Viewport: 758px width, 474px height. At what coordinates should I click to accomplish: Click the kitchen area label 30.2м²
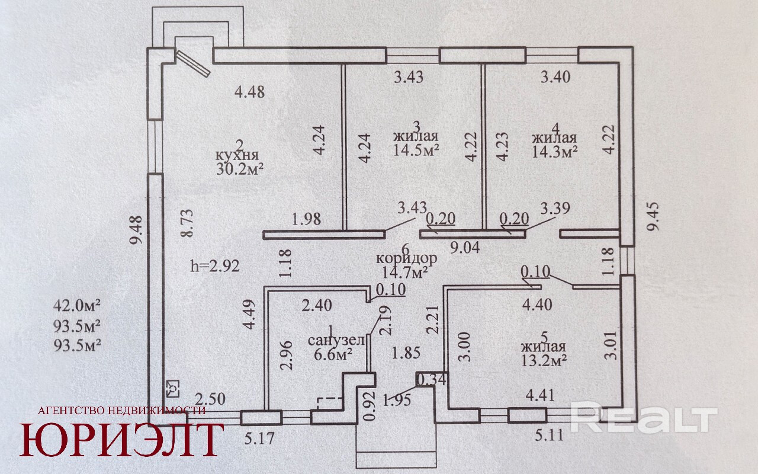coord(240,169)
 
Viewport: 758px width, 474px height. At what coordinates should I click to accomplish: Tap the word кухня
coord(237,155)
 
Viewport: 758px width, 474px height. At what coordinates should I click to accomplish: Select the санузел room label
coord(336,340)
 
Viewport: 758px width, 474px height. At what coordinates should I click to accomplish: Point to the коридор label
coord(406,258)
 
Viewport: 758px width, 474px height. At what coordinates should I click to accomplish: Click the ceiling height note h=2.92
coord(215,266)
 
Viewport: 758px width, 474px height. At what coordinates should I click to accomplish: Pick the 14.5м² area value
coord(416,150)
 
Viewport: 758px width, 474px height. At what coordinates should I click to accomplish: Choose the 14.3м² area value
coord(554,152)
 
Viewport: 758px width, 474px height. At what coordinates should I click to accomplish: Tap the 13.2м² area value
coord(544,361)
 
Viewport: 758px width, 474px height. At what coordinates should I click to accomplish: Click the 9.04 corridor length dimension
coord(465,248)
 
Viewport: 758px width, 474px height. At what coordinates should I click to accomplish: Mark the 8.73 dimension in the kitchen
coord(187,223)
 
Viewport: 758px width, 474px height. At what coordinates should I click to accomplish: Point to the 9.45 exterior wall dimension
coord(653,216)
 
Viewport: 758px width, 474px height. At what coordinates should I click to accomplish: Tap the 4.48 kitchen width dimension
coord(250,92)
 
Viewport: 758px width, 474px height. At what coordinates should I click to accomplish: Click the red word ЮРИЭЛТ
coord(122,440)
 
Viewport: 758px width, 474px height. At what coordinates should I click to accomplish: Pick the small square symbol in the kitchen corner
coord(173,389)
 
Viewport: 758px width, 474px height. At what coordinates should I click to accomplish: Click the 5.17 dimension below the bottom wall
coord(259,439)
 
